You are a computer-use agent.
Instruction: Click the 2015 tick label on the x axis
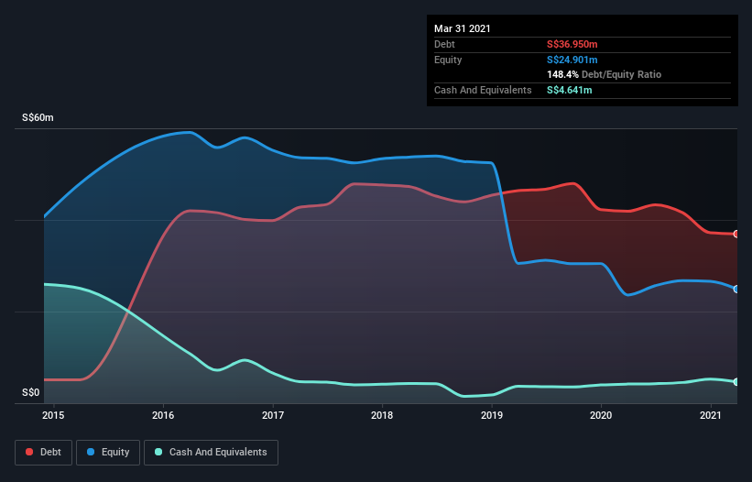(x=54, y=416)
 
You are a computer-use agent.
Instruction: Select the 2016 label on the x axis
(x=163, y=416)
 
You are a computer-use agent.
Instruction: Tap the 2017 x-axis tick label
(x=273, y=416)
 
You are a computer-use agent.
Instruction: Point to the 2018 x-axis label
(x=382, y=416)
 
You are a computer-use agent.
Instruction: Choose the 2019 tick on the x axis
(x=492, y=416)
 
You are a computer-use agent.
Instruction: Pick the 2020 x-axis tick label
(x=601, y=416)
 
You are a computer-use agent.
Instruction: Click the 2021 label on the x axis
(x=711, y=416)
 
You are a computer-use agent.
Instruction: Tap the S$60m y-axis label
(x=38, y=118)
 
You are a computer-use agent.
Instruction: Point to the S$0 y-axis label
(x=30, y=393)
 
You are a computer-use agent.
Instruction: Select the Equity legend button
(x=109, y=452)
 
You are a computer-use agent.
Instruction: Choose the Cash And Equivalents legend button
(x=211, y=452)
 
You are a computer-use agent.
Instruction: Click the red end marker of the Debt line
(x=736, y=235)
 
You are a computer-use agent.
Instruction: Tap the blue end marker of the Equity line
(x=736, y=289)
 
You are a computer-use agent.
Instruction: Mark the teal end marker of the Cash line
(x=736, y=382)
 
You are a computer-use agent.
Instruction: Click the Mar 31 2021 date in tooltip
(x=463, y=28)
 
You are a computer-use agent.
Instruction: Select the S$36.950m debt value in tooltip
(x=574, y=44)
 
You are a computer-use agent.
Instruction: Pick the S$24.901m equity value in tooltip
(x=574, y=60)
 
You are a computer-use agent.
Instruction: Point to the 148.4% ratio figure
(x=563, y=74)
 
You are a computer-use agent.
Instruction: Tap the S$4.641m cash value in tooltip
(x=570, y=90)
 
